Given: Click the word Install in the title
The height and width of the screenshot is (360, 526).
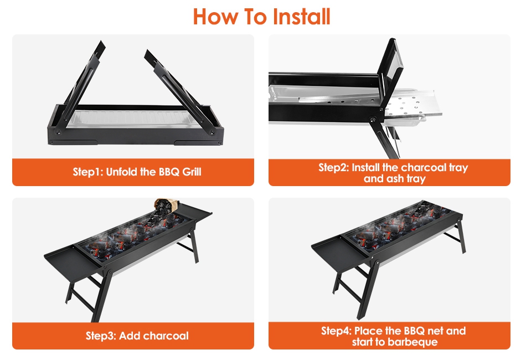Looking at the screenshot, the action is tap(301, 17).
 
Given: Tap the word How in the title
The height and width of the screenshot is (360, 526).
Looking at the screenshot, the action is tap(215, 17).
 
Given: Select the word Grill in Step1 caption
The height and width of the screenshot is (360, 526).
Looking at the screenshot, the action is tap(192, 172).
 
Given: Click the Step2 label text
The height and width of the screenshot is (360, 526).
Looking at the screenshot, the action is tap(334, 167).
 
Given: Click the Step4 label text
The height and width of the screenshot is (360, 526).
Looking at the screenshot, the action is tap(337, 331).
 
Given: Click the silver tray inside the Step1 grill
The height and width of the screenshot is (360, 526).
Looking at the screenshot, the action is tap(134, 119).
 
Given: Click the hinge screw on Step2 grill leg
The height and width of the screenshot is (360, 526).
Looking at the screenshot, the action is tap(373, 120).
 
